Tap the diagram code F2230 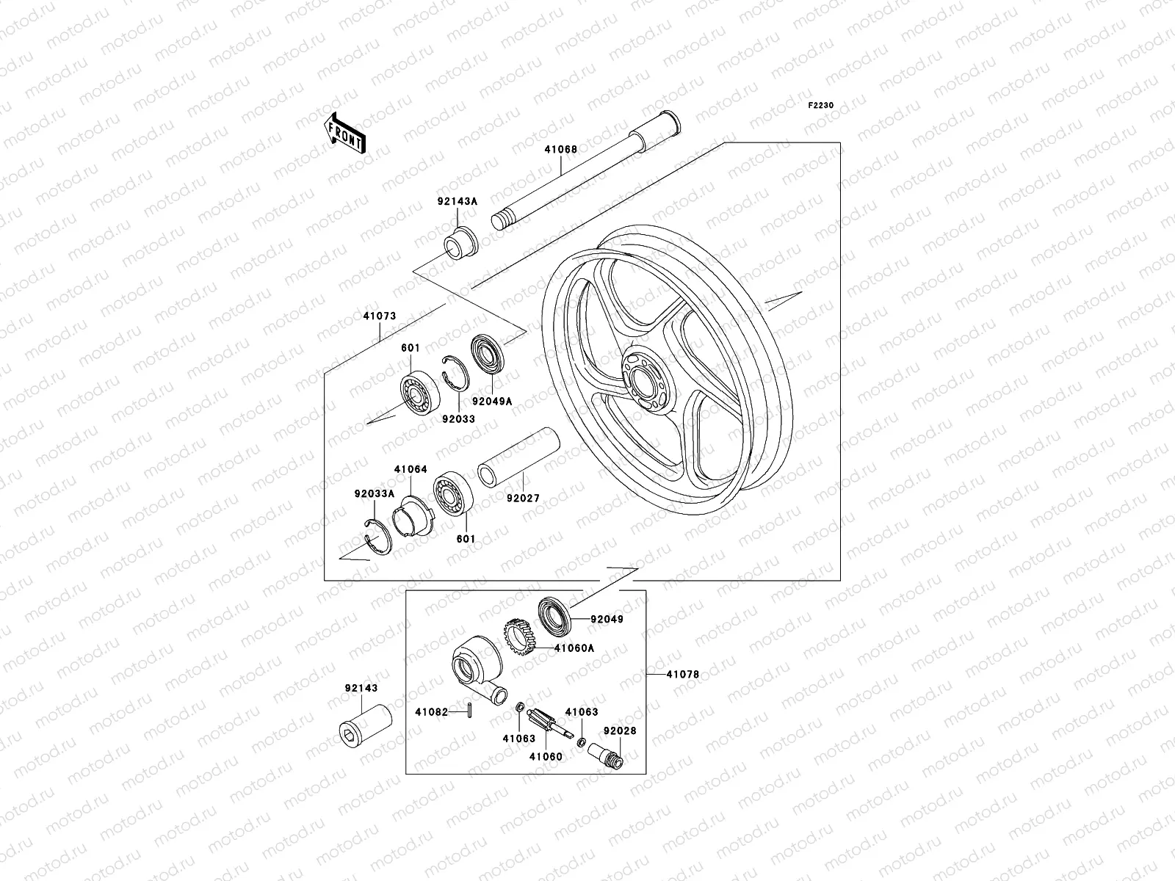(820, 106)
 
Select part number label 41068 (561, 150)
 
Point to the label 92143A (458, 202)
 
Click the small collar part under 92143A (460, 244)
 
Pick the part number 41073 (380, 316)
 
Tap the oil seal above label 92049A (488, 354)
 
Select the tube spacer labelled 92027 (518, 457)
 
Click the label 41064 (411, 470)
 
